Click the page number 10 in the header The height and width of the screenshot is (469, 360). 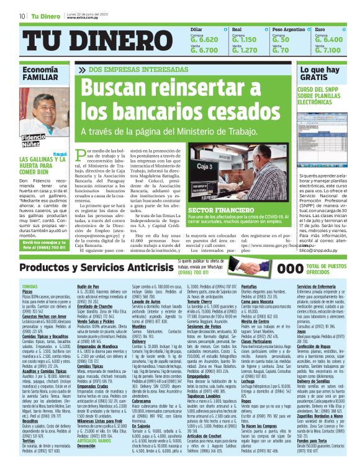(22, 16)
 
